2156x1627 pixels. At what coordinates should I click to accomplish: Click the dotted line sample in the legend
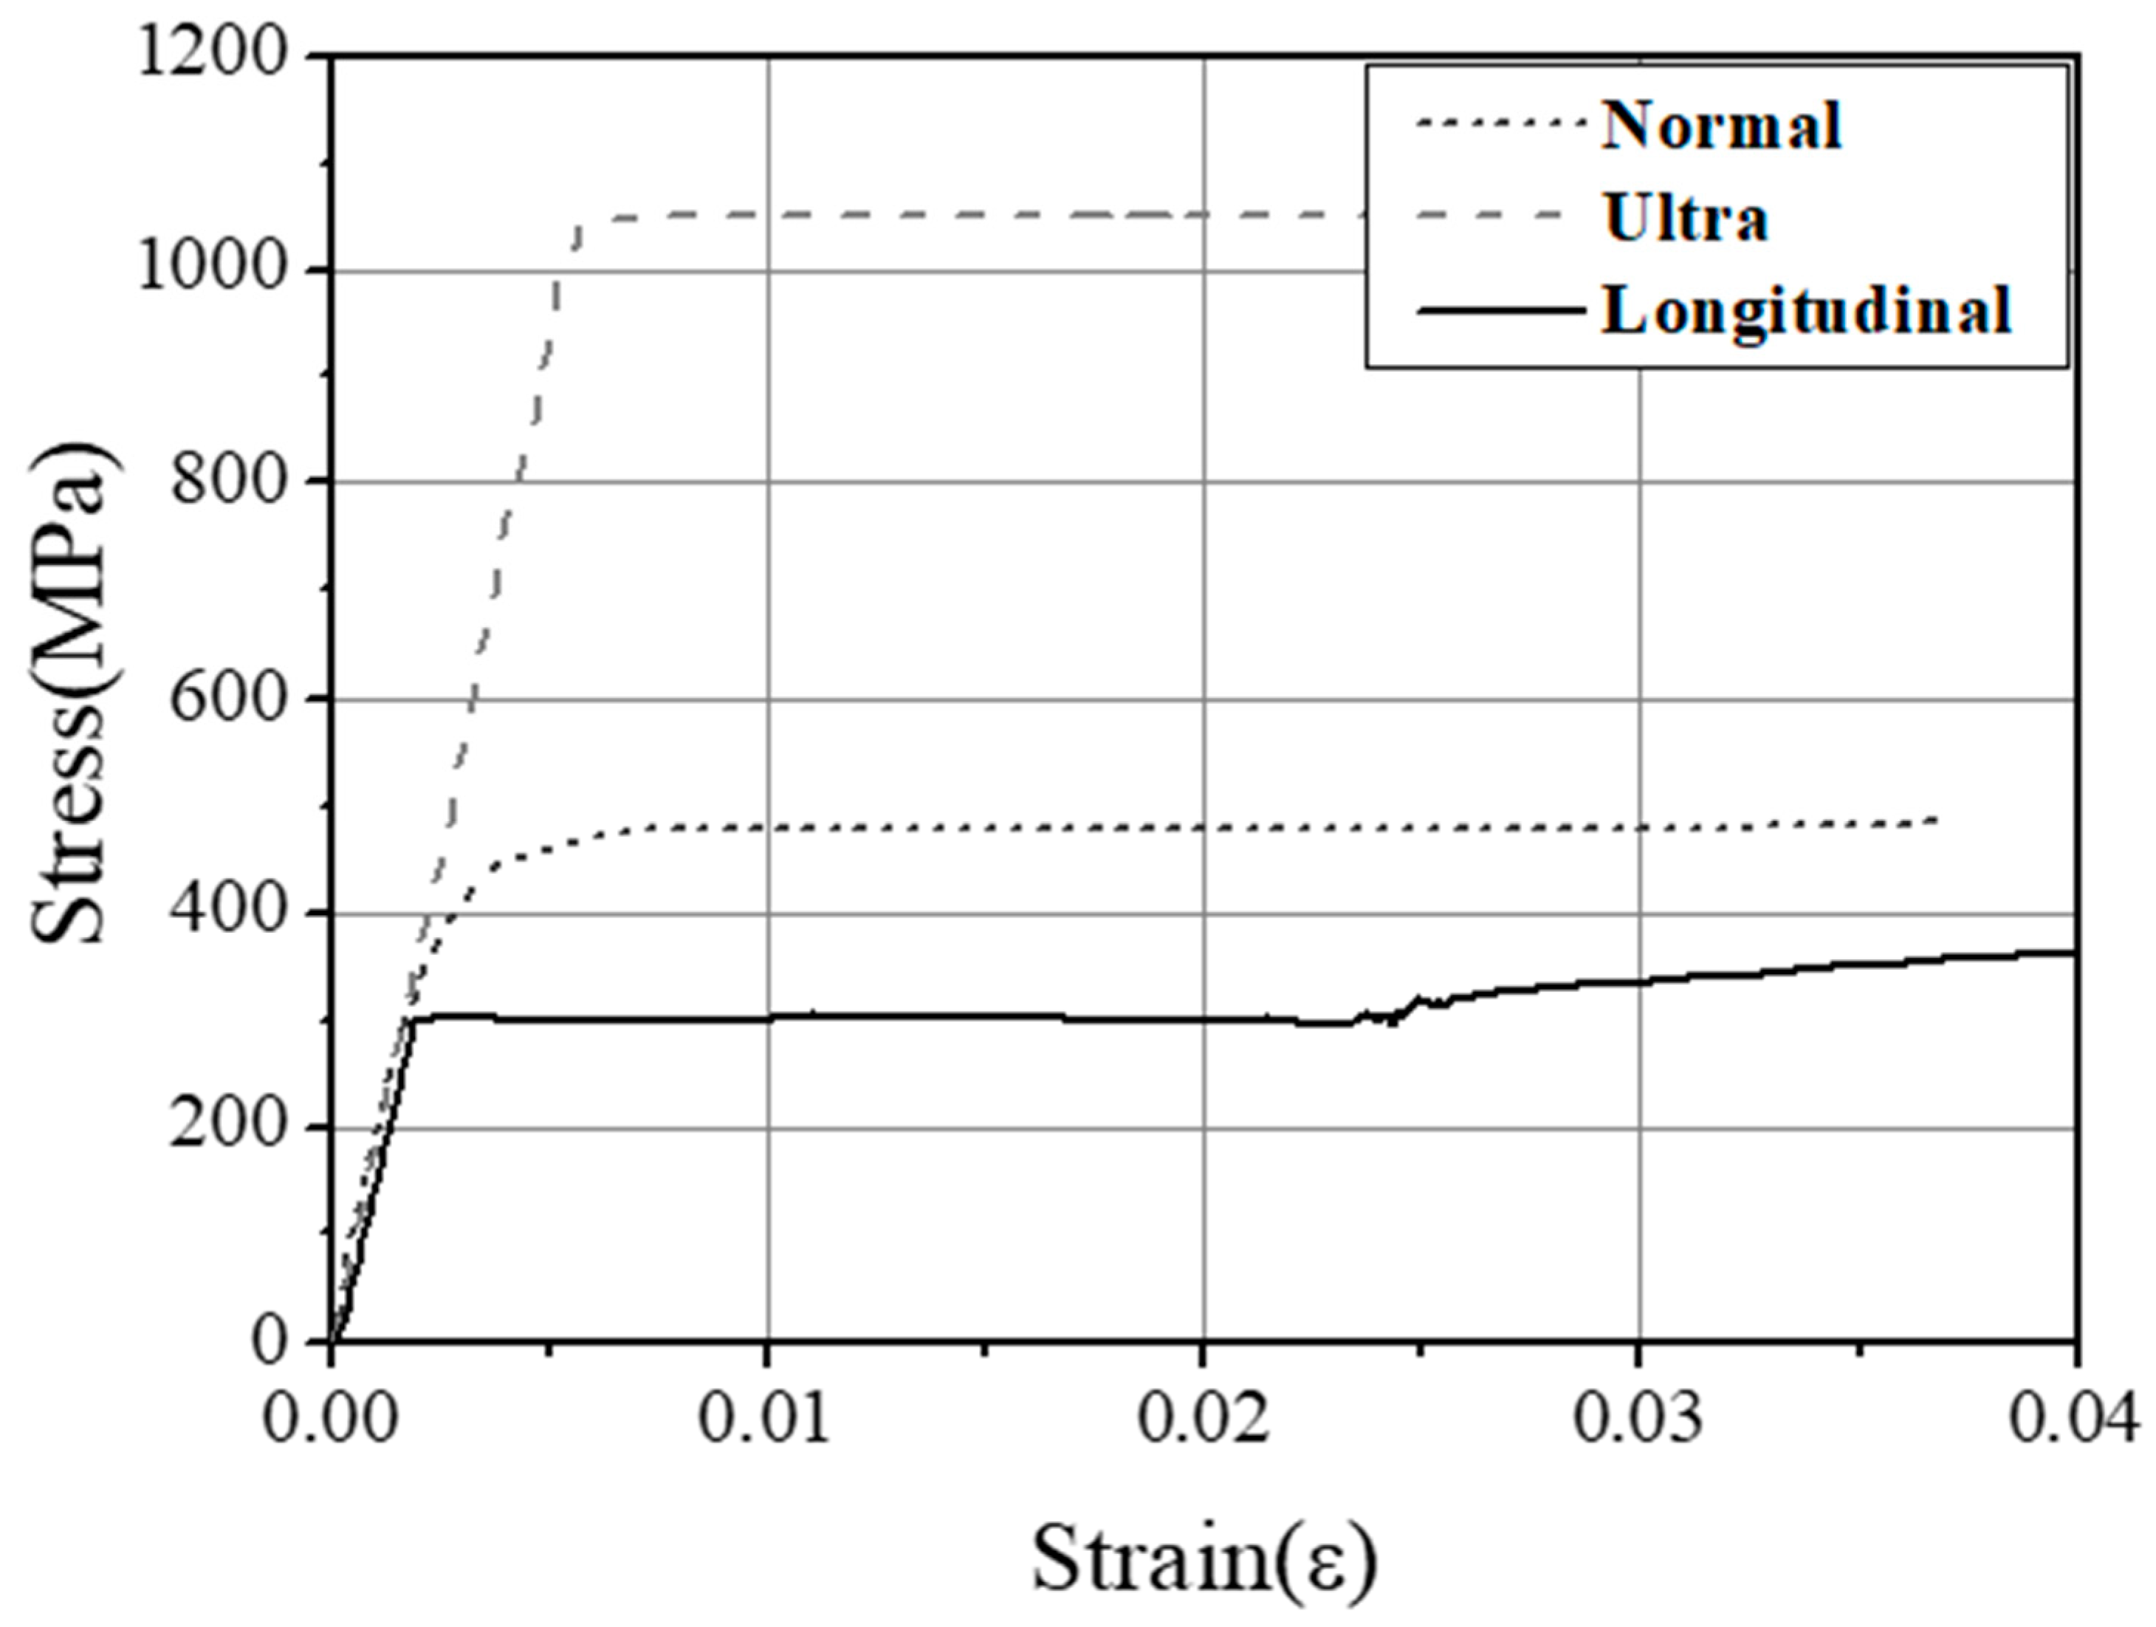(x=1500, y=124)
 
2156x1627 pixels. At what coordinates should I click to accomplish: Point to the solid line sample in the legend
(x=1500, y=310)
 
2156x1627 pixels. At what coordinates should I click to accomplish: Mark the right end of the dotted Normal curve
(x=1934, y=820)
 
